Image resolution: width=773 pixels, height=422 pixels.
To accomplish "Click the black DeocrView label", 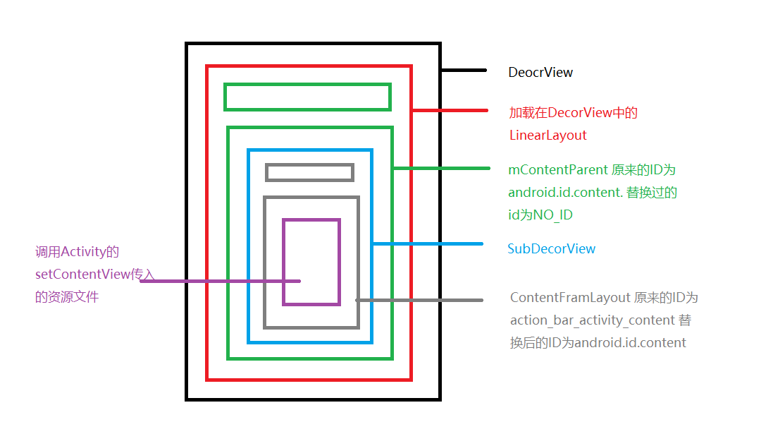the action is (540, 73).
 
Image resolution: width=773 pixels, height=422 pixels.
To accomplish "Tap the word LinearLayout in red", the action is (548, 135).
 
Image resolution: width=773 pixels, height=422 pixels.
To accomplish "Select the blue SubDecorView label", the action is (551, 249).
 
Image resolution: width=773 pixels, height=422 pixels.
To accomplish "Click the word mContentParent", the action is (557, 170).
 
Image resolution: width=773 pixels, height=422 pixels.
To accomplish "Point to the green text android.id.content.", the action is (565, 192).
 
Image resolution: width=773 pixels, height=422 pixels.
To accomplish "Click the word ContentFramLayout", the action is (570, 298).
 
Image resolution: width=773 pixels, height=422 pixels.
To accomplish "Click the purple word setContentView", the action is (82, 274).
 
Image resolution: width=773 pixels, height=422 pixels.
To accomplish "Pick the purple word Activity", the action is (83, 252).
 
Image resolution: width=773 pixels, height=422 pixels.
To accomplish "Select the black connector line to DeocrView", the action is (464, 70).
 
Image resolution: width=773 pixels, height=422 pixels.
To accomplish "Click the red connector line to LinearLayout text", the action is (450, 111).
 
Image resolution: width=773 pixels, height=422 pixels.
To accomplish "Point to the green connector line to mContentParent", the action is (442, 169).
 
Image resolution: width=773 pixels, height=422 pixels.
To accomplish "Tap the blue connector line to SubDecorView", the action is (428, 244).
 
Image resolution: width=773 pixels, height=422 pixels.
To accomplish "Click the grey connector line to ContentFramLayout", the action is (419, 300).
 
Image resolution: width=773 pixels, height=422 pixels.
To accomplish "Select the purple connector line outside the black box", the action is (163, 282).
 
